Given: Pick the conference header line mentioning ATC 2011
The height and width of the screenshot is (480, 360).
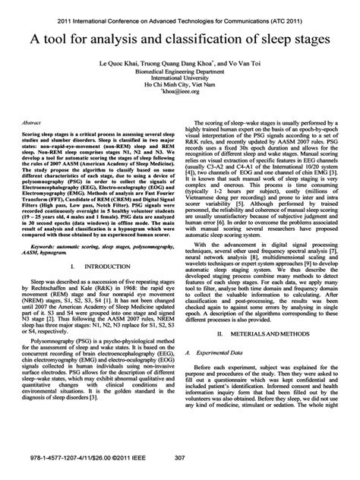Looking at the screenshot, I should pos(180,11).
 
